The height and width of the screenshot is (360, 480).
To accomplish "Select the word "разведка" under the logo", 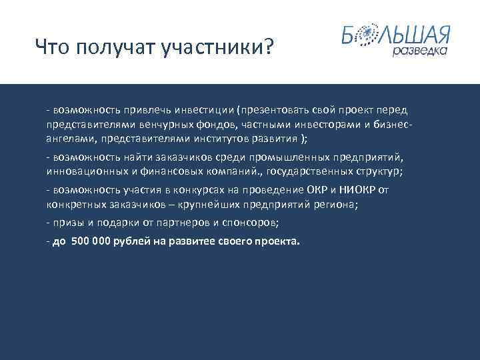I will [419, 51].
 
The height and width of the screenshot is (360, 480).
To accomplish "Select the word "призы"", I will [65, 221].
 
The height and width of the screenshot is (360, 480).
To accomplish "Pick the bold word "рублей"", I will [133, 241].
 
